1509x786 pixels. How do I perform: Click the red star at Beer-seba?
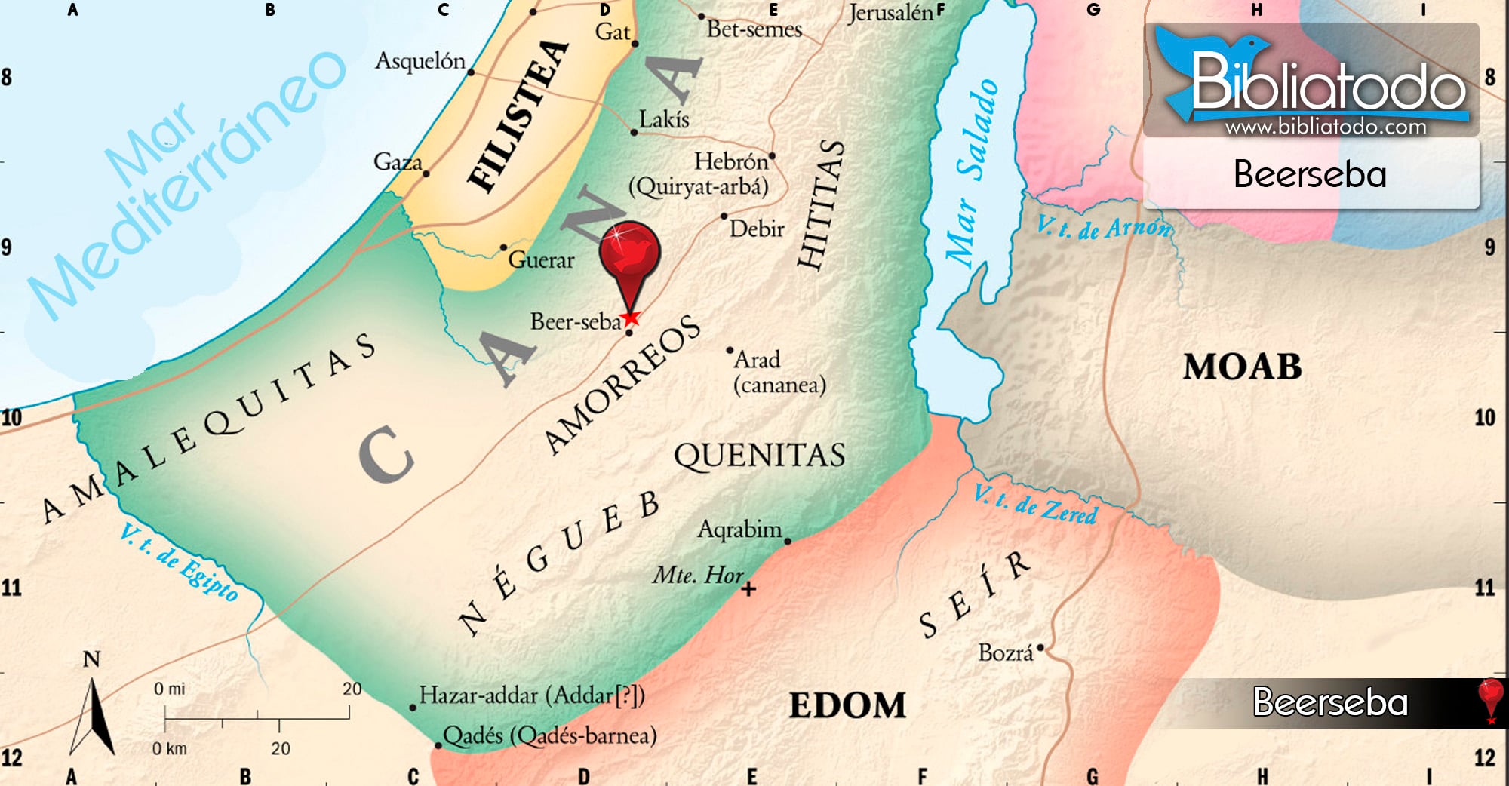[631, 318]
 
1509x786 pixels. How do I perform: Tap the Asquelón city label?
[420, 60]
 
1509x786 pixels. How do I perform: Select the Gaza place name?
[398, 161]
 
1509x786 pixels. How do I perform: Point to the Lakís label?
[664, 119]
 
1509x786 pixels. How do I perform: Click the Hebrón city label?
[730, 161]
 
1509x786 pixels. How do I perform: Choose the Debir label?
[757, 229]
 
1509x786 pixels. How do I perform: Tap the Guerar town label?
[541, 260]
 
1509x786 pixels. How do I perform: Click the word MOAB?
[1242, 367]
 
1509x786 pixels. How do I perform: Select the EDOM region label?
[847, 705]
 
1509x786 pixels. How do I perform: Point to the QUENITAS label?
[759, 455]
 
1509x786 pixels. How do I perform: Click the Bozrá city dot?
[1040, 647]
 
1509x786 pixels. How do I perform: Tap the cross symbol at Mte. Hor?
[748, 589]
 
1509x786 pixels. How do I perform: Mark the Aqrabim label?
[739, 529]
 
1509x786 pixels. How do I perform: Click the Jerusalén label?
[890, 14]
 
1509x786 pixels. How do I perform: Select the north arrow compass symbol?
[93, 713]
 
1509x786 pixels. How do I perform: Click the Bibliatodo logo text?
[1328, 84]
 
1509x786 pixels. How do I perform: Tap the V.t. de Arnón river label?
[1105, 227]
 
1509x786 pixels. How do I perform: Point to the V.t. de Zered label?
[1035, 505]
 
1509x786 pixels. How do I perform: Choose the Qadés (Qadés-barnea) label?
[549, 735]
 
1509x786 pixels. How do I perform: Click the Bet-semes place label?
[754, 29]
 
